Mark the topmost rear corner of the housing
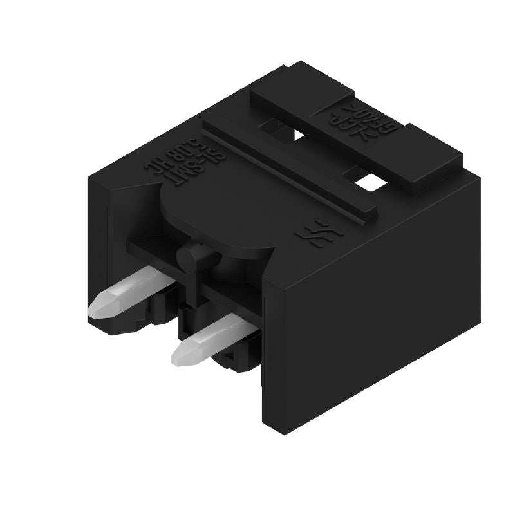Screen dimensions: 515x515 302,62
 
